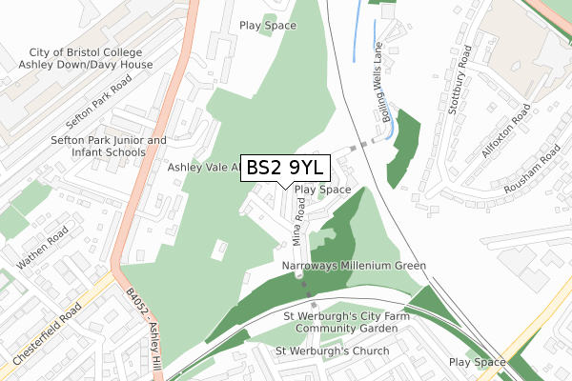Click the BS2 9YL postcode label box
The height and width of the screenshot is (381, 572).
[x=286, y=168]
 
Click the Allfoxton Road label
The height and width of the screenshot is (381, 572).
[x=501, y=133]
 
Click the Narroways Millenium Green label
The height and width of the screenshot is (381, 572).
[x=354, y=266]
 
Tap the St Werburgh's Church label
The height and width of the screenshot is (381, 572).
[x=332, y=351]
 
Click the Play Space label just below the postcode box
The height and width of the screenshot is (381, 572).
[x=323, y=190]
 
